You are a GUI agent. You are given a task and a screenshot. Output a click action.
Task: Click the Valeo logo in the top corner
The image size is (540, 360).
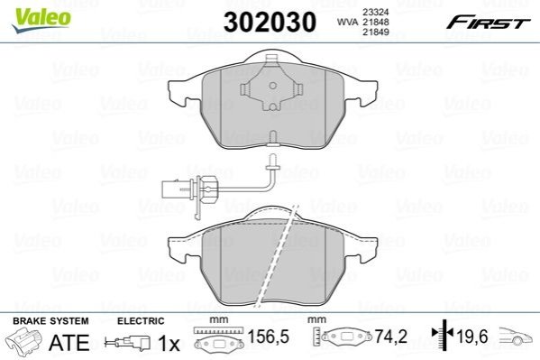pos(41,20)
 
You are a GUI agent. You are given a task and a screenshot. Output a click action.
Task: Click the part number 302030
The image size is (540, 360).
pos(270,22)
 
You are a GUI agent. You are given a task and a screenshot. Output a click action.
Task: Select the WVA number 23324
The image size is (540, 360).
pos(375,12)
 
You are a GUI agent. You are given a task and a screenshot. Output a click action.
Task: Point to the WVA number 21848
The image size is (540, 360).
pos(375,22)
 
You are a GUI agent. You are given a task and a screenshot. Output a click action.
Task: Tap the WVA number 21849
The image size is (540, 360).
pos(375,32)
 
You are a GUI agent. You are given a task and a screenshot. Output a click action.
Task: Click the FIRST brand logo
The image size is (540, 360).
pos(488,23)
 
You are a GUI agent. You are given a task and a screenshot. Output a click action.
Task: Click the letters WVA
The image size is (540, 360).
pos(346,22)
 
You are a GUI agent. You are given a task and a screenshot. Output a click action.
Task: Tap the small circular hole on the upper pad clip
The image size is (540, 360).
pos(272,86)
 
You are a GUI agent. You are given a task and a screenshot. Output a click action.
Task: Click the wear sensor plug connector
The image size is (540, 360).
pos(169,189)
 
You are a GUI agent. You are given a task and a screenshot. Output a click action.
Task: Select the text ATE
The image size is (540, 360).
pos(69,342)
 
